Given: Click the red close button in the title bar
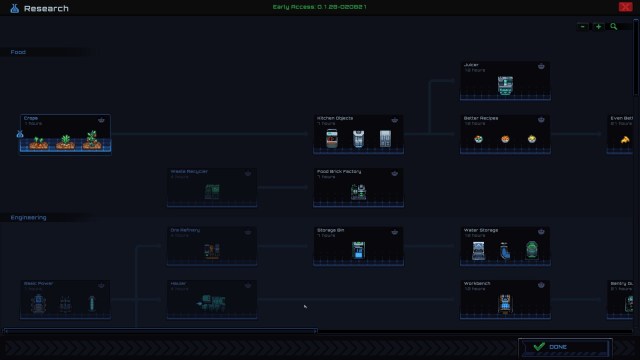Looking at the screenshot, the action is pyautogui.click(x=626, y=7).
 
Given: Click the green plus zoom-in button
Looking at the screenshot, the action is pyautogui.click(x=599, y=27).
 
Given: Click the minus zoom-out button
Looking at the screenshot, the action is pyautogui.click(x=583, y=27).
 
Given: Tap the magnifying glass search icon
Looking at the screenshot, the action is pyautogui.click(x=614, y=27).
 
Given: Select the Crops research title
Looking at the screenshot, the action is pyautogui.click(x=31, y=118).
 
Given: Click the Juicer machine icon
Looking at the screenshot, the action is pyautogui.click(x=505, y=86).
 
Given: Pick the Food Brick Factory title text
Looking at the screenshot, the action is pyautogui.click(x=338, y=171).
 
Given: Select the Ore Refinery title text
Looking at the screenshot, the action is pyautogui.click(x=185, y=229).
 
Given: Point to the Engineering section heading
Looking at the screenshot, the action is pyautogui.click(x=29, y=217).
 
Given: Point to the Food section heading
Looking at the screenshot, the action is pyautogui.click(x=18, y=52).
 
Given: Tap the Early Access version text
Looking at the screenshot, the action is pyautogui.click(x=319, y=7).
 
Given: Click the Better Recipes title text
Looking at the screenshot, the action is pyautogui.click(x=481, y=118).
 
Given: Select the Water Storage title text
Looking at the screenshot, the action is pyautogui.click(x=481, y=229).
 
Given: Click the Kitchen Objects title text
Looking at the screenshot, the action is pyautogui.click(x=335, y=118).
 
